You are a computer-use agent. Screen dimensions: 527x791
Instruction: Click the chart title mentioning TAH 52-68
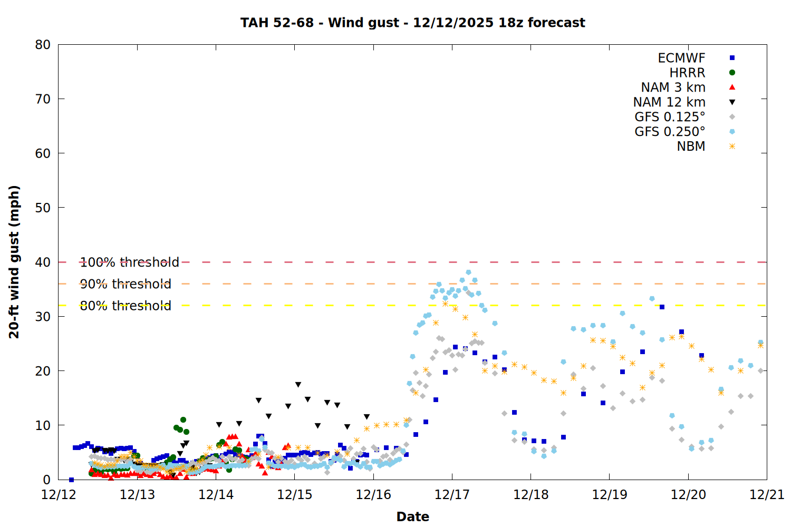click(x=412, y=23)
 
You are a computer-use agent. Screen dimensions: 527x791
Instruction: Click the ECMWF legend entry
click(x=681, y=58)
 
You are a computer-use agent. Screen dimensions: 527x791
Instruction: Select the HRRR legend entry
click(x=687, y=73)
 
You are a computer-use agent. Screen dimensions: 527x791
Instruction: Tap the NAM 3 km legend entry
click(x=673, y=87)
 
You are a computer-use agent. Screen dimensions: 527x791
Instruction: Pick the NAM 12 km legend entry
click(x=669, y=102)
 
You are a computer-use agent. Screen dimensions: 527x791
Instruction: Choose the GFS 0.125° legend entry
click(x=670, y=117)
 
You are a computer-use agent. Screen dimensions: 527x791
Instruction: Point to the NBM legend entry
click(x=691, y=147)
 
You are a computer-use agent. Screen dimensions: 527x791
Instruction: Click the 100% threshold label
click(x=129, y=262)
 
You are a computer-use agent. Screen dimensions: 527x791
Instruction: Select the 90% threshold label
click(x=126, y=284)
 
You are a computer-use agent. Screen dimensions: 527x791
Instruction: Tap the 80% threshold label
click(x=126, y=306)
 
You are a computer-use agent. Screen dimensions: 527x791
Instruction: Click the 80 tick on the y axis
click(x=43, y=45)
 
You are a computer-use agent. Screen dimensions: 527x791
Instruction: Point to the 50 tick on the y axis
click(x=43, y=208)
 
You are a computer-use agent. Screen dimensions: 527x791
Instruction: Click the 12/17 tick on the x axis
click(x=452, y=495)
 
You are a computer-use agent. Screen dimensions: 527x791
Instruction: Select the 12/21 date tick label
click(x=767, y=495)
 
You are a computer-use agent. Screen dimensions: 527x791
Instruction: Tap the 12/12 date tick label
click(x=59, y=495)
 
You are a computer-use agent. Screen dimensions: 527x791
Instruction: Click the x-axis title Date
click(x=412, y=516)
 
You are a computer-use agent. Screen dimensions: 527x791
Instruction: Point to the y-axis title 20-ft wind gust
click(x=14, y=262)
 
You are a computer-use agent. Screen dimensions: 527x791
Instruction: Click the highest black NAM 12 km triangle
click(x=298, y=385)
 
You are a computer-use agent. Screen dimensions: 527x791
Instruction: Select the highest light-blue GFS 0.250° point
click(x=468, y=272)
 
